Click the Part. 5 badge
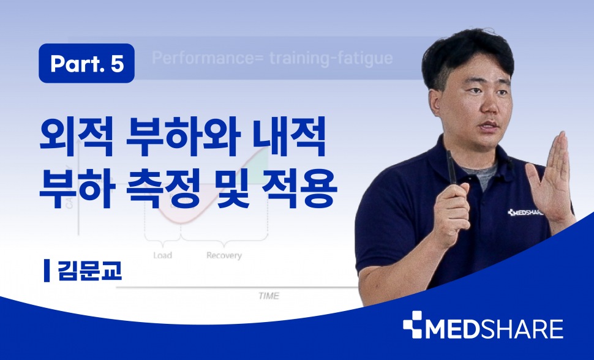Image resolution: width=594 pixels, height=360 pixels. [x=86, y=63]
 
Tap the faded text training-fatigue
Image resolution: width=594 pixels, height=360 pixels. [x=331, y=59]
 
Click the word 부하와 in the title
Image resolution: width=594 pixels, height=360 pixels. [x=183, y=137]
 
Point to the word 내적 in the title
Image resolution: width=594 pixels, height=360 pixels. [x=290, y=137]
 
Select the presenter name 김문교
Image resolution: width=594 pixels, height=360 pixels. [x=90, y=270]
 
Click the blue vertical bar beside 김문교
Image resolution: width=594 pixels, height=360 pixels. [x=47, y=271]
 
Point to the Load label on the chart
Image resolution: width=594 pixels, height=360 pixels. [x=162, y=255]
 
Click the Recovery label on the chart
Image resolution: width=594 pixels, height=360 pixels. [x=224, y=255]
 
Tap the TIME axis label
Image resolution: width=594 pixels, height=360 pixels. [x=269, y=296]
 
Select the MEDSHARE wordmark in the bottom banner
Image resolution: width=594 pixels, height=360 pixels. [x=494, y=329]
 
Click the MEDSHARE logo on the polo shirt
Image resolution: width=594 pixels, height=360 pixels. [x=526, y=212]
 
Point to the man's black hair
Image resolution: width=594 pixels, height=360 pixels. [x=468, y=55]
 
